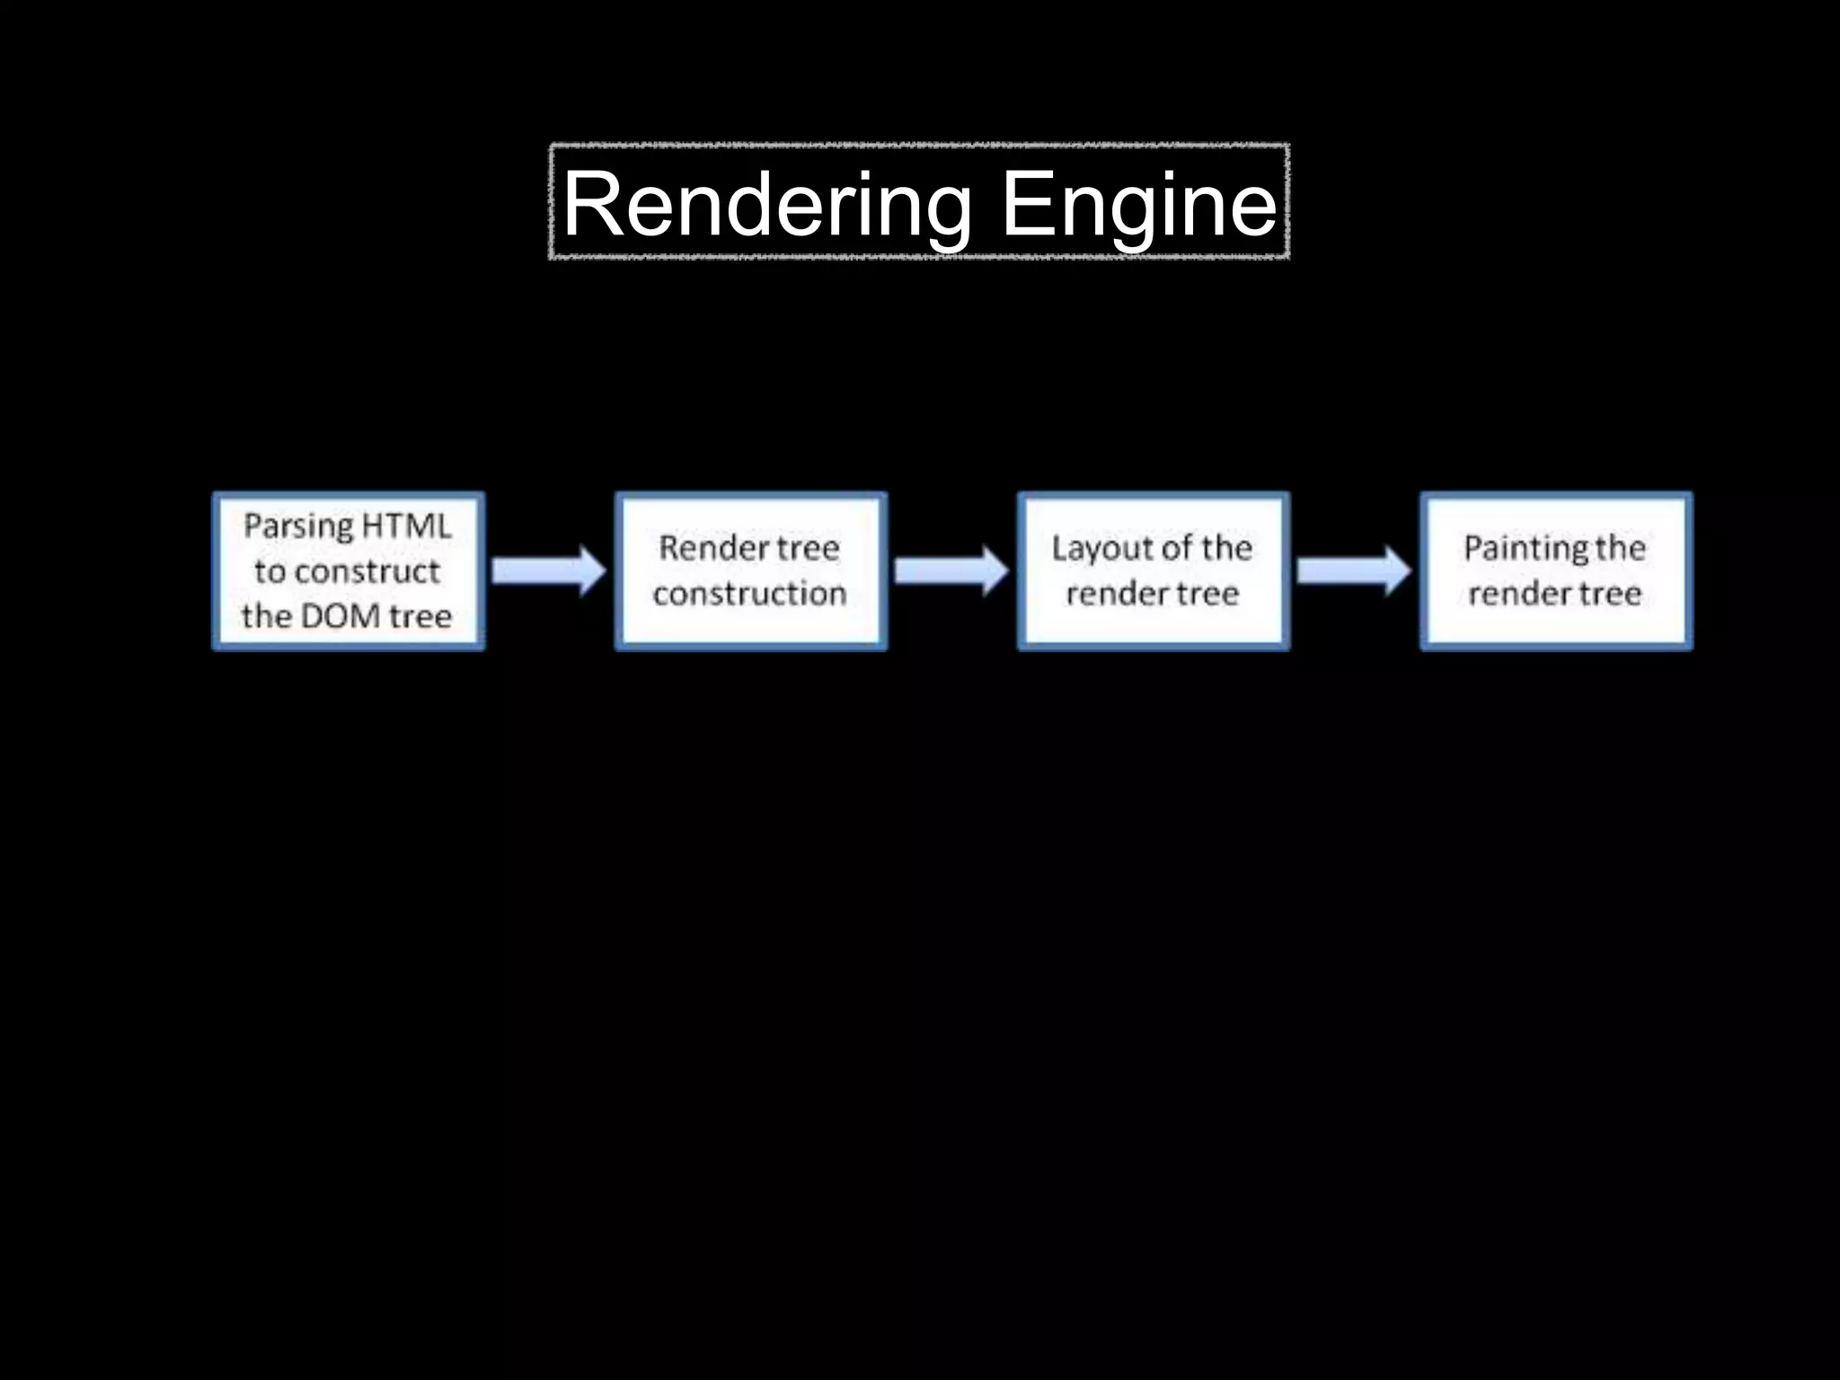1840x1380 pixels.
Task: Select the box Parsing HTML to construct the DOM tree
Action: point(349,571)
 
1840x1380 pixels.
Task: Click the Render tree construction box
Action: point(751,571)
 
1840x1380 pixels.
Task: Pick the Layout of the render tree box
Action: point(1154,571)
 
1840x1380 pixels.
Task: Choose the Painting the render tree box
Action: point(1556,571)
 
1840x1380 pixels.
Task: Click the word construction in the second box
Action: point(749,594)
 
